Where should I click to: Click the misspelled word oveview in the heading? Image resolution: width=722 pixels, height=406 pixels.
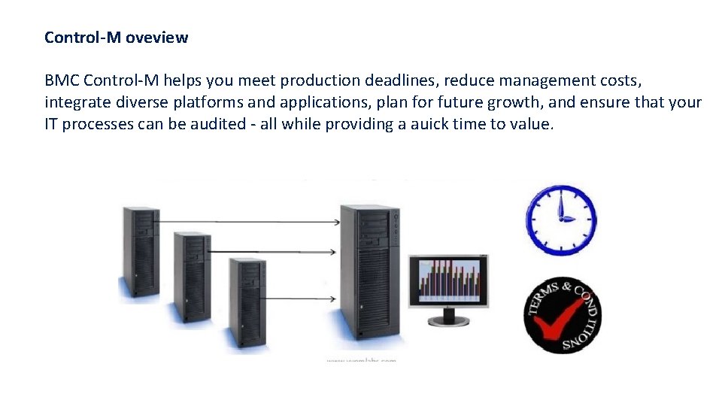point(156,38)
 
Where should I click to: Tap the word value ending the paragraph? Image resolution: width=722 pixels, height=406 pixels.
point(532,124)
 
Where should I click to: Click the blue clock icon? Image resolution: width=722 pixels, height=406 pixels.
point(561,220)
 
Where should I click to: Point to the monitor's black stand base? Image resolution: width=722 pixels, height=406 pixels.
point(448,321)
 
